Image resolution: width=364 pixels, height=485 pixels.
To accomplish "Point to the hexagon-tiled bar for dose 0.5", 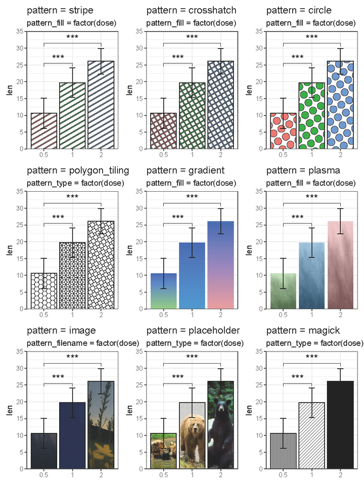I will (x=44, y=291).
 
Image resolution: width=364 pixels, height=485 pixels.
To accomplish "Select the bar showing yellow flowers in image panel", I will (x=101, y=425).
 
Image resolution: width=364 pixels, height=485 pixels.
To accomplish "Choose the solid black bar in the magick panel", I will (x=340, y=425).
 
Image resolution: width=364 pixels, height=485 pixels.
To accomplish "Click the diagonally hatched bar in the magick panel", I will (x=311, y=435).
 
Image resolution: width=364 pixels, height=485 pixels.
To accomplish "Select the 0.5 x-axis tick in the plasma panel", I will (x=283, y=315).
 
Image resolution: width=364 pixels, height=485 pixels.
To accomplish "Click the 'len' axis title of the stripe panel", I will (x=9, y=90).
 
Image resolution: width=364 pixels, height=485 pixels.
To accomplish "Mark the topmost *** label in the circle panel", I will (x=311, y=37).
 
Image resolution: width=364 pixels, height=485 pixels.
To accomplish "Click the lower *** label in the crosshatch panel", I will (x=178, y=57).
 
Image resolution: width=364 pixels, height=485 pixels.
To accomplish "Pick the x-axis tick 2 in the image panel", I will (x=101, y=474).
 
